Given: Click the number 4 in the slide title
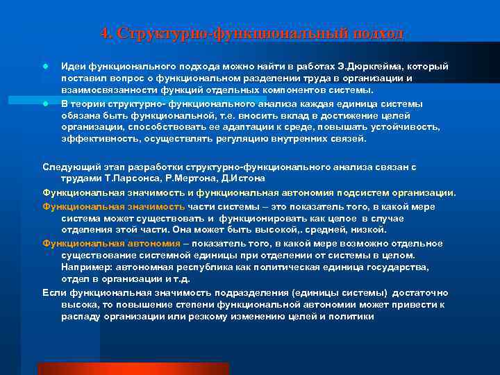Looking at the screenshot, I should click(x=104, y=33).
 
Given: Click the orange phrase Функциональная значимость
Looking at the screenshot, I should click(x=114, y=207).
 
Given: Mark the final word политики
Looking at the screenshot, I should click(x=352, y=317).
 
